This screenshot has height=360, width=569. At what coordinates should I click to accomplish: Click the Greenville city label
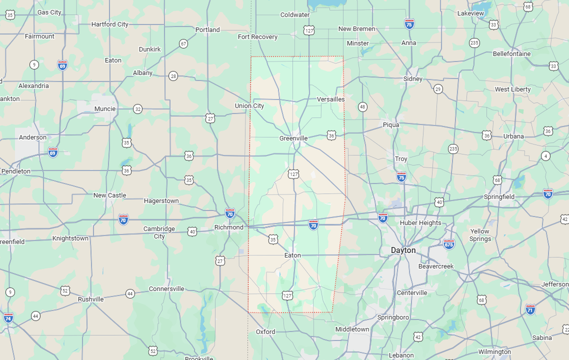pos(293,138)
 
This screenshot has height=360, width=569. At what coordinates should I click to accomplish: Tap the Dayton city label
pos(403,250)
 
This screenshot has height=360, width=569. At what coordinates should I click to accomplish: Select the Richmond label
pos(228,227)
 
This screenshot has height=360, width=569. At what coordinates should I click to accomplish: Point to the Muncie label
pos(105,108)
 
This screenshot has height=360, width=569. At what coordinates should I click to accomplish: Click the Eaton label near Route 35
pos(292,255)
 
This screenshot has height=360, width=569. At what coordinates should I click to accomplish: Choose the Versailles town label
pos(330,99)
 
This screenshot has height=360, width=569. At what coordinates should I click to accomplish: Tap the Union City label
pos(249,105)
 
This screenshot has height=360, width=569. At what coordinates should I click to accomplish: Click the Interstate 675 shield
pos(448,244)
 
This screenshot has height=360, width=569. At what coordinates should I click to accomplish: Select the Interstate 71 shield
pos(530,308)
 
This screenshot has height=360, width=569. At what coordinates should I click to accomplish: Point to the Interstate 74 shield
pos(8,317)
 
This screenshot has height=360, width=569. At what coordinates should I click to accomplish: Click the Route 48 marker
pos(362,106)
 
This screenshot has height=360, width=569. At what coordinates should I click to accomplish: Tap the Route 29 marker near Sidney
pos(438,89)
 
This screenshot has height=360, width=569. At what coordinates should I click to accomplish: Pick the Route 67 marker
pos(183,43)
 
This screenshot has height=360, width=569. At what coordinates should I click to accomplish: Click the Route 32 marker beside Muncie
pos(137,109)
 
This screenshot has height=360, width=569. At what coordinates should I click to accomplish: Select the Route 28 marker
pos(173,76)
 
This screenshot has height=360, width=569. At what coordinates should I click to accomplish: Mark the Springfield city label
pos(499,196)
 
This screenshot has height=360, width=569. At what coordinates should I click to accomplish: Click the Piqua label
pos(391,124)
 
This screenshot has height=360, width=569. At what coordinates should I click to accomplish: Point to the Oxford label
pos(265,331)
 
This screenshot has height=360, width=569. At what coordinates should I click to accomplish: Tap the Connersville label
pos(166,288)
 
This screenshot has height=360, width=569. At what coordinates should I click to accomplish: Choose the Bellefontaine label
pos(511,53)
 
